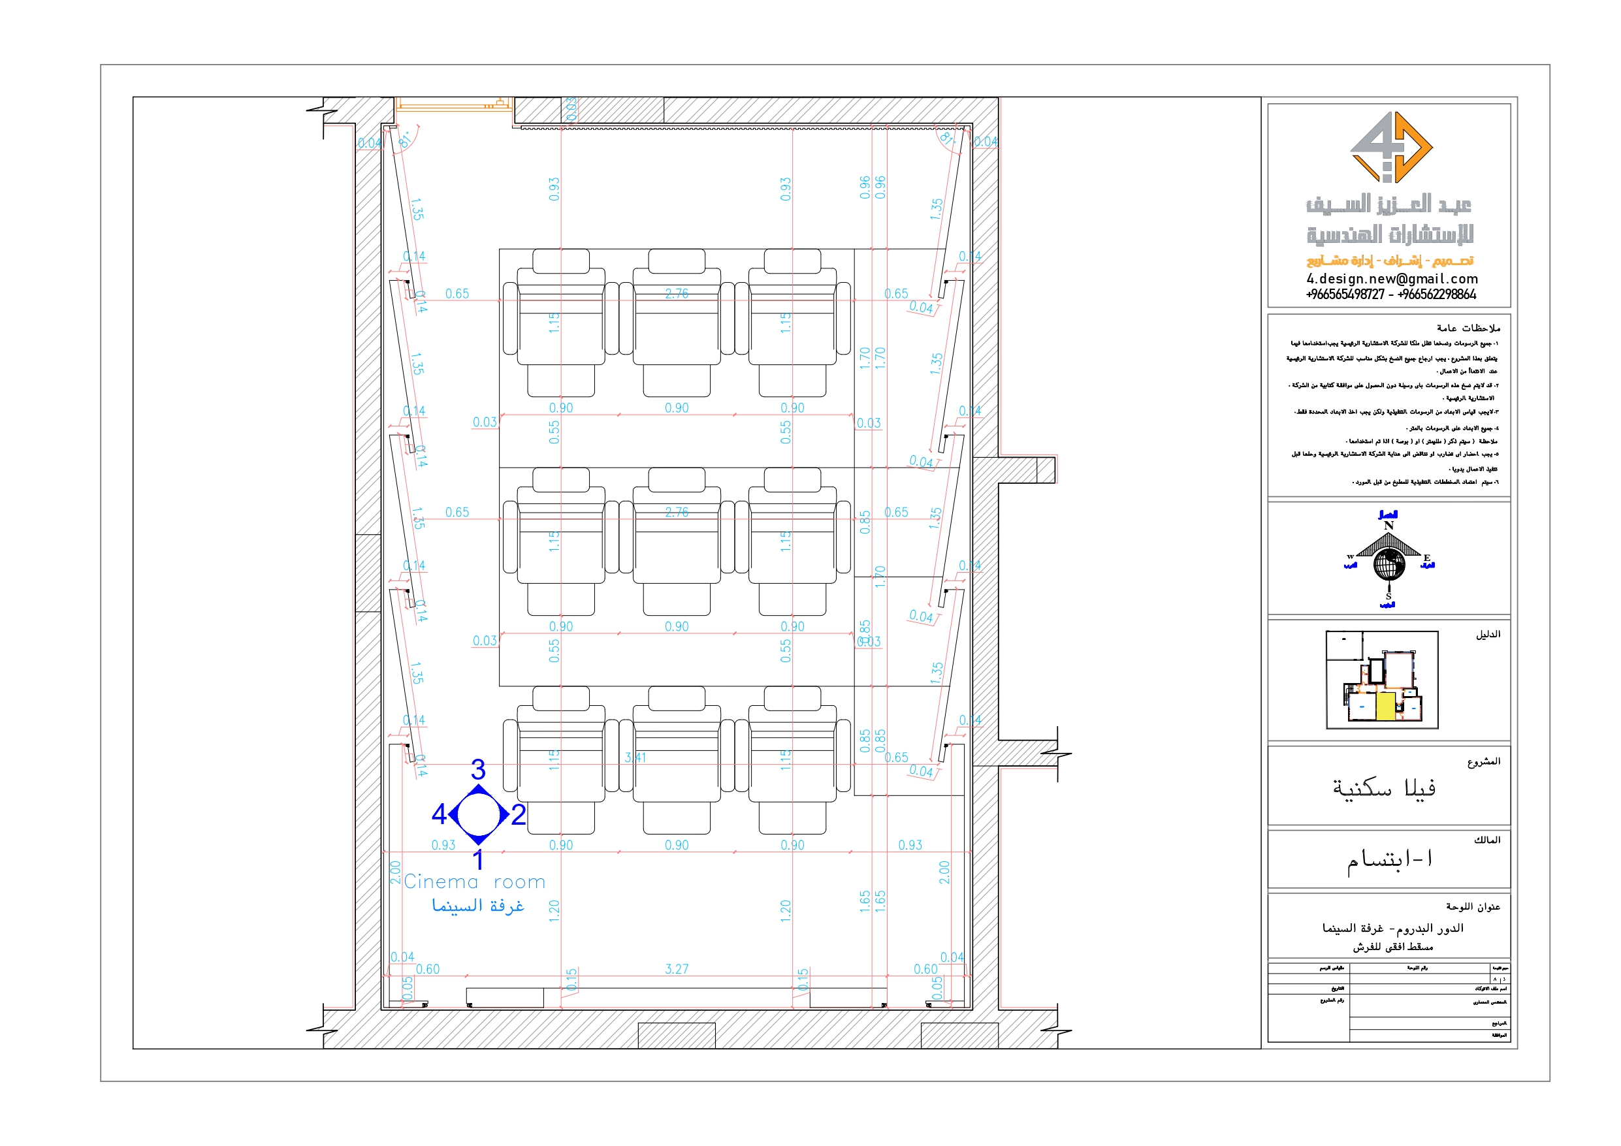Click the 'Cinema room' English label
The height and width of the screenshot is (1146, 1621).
[473, 882]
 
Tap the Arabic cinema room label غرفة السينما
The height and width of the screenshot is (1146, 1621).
[478, 905]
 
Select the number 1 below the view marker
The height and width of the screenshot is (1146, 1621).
[479, 860]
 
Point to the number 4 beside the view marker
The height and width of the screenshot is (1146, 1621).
[438, 814]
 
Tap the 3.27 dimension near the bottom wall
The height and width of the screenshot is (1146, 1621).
[677, 969]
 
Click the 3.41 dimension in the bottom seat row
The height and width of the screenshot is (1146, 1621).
[635, 757]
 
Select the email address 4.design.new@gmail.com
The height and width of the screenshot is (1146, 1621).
[1392, 279]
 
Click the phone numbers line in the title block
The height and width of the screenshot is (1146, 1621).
[1390, 294]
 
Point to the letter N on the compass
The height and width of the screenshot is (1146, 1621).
[1388, 526]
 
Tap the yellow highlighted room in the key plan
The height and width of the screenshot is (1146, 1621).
[1385, 706]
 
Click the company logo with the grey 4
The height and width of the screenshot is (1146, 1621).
[1389, 147]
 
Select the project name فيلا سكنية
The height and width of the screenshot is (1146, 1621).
[1384, 788]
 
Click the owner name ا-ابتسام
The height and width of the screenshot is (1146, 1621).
[1389, 860]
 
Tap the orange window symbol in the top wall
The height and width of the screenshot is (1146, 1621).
[452, 104]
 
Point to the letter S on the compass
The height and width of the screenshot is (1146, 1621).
[1388, 597]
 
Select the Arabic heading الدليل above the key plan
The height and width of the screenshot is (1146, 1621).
[1488, 635]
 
